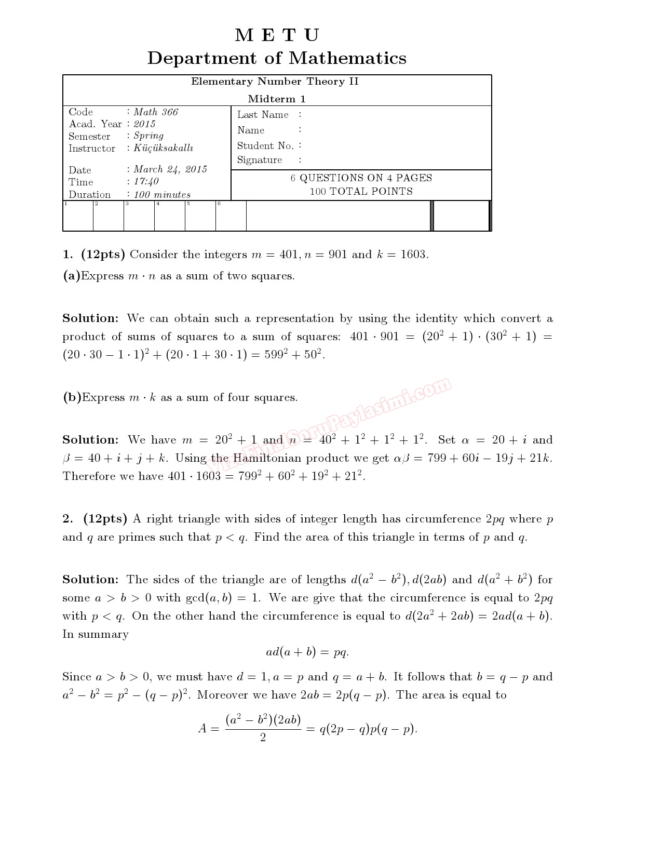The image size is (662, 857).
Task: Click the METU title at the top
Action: [x=277, y=35]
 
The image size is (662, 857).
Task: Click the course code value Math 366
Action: [x=155, y=112]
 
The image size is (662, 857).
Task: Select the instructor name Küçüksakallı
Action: [x=163, y=148]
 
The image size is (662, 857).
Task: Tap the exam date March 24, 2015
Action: [x=170, y=169]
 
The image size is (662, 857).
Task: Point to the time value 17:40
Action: [x=146, y=182]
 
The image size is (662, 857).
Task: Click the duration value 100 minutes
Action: [x=161, y=195]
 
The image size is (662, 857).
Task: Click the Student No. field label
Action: [x=265, y=146]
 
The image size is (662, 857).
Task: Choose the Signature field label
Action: [x=260, y=160]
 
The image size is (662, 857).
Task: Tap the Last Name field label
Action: [x=263, y=115]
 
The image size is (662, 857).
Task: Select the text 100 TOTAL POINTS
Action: [x=361, y=192]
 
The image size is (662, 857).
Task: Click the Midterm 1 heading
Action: [x=277, y=99]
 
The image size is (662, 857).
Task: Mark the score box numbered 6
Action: [x=231, y=216]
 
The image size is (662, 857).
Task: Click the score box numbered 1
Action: [x=78, y=216]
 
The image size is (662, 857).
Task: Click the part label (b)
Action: [x=72, y=397]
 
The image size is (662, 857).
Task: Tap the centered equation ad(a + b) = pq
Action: [x=307, y=652]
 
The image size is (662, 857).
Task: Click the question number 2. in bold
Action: [x=68, y=519]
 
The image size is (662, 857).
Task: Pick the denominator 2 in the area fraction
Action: [x=263, y=738]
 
